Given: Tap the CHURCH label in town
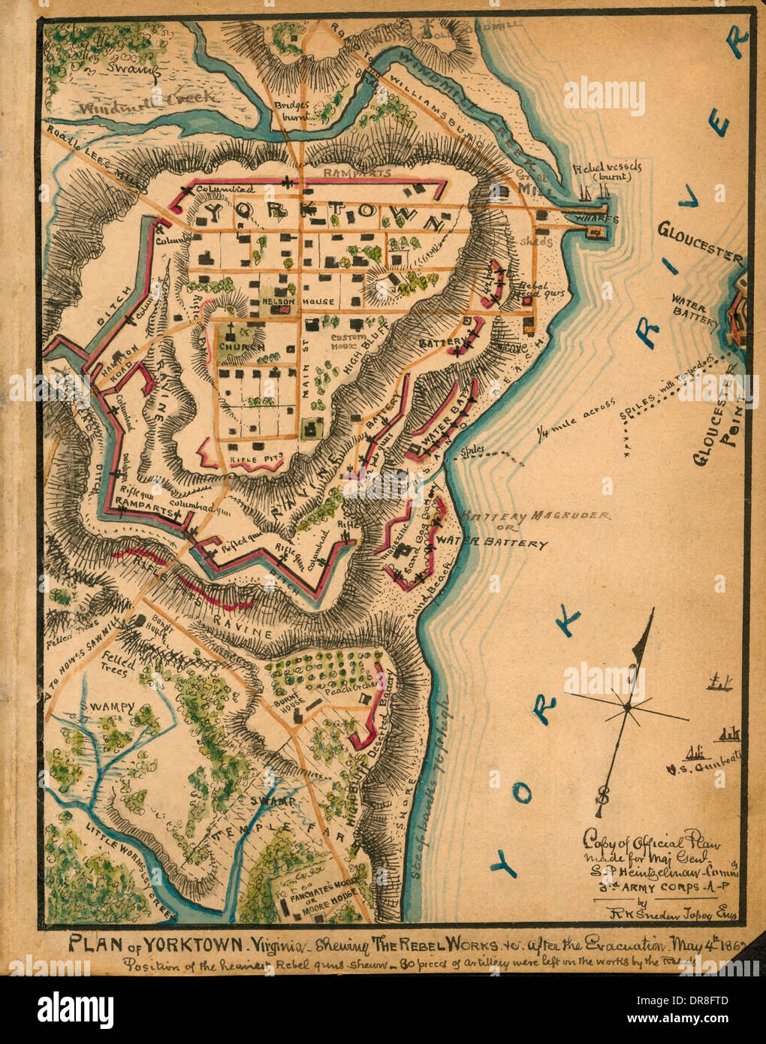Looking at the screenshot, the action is point(240,347).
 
